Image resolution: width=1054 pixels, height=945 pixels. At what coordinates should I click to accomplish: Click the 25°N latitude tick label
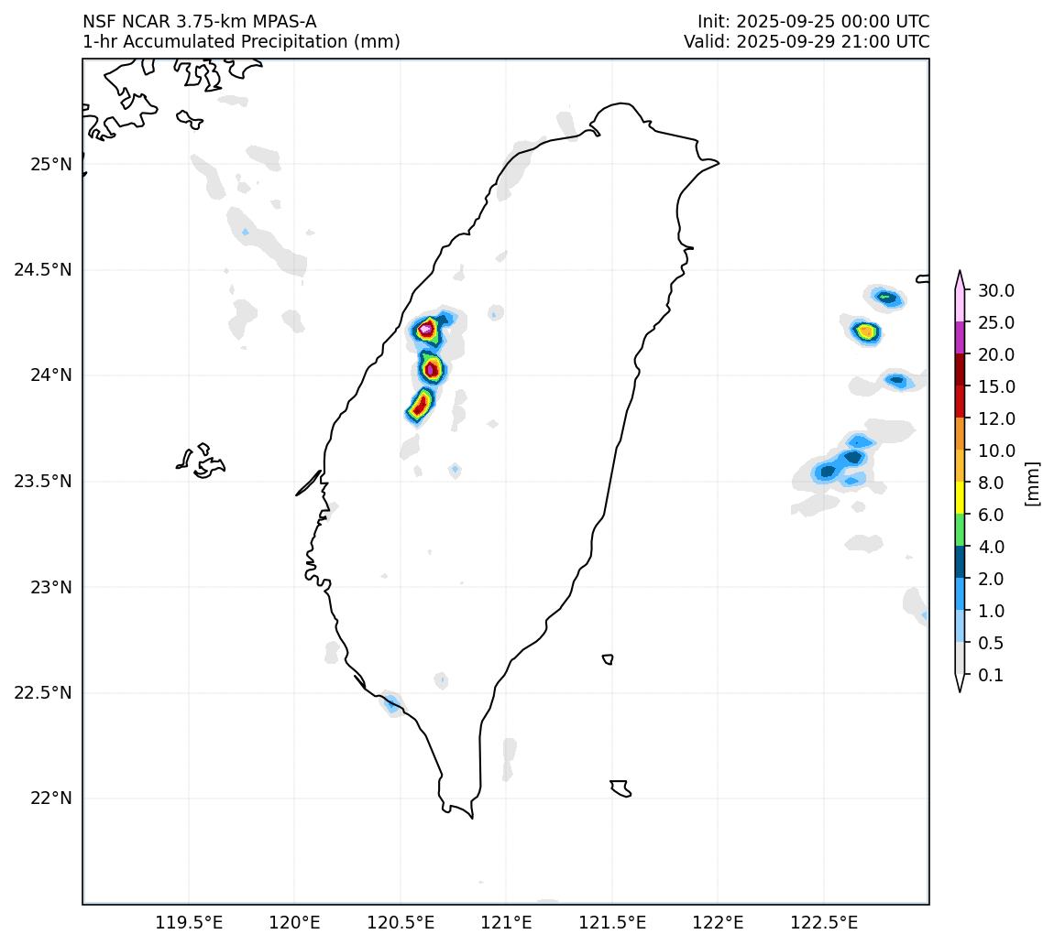(x=50, y=165)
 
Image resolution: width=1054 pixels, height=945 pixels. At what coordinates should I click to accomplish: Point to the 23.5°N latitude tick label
(x=43, y=482)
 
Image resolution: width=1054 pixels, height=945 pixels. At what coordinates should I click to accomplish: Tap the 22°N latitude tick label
(x=50, y=798)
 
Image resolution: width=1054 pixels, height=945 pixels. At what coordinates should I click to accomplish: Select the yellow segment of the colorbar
(x=960, y=498)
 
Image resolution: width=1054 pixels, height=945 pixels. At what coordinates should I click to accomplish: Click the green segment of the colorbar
(x=960, y=530)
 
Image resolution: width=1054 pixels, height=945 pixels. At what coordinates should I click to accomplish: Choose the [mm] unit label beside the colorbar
(x=1033, y=483)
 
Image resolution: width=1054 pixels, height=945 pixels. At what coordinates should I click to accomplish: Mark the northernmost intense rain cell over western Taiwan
(x=426, y=329)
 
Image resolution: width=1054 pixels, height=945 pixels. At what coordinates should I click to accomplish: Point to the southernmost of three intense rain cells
(x=420, y=405)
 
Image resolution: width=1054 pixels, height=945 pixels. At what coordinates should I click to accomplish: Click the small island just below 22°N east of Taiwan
(x=620, y=788)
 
